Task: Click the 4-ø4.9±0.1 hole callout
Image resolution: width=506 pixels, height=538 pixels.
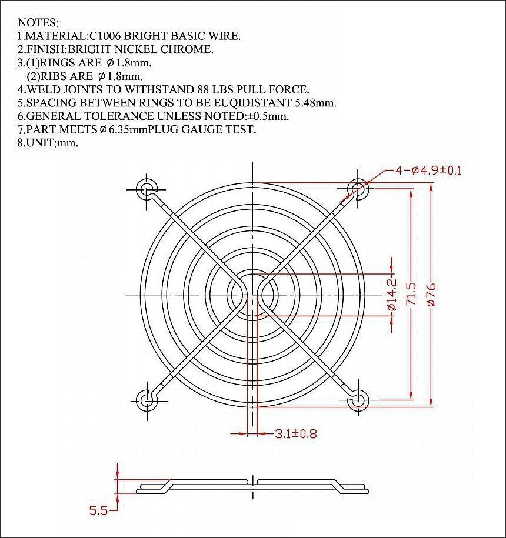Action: pos(429,170)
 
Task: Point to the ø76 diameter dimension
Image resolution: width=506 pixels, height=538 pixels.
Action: pos(431,295)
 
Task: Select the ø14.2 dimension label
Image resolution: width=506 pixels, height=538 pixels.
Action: pos(392,295)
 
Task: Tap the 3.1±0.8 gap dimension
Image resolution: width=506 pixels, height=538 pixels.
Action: pos(296,434)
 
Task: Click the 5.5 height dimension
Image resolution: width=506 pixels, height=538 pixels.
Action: pos(98,510)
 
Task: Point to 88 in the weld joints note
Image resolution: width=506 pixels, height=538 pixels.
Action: pos(204,89)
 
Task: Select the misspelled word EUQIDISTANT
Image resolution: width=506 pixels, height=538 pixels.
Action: pos(247,102)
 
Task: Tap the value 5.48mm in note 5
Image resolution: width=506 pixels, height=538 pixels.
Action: pos(315,103)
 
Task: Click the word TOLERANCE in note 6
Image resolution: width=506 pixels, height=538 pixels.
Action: pos(119,116)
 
